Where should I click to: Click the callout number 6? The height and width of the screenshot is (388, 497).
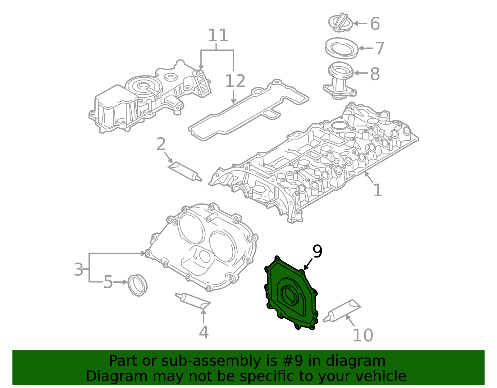(375, 24)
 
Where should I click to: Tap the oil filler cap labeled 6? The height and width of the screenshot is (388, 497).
(340, 22)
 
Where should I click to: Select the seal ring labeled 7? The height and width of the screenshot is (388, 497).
(341, 48)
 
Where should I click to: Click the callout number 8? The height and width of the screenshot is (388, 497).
(375, 74)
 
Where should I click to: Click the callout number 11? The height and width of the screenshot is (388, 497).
(218, 36)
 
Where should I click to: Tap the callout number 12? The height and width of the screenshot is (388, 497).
(235, 81)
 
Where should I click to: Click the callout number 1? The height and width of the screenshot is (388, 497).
(377, 190)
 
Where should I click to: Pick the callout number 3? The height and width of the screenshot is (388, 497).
(79, 269)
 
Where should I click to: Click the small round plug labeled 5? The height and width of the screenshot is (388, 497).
(138, 285)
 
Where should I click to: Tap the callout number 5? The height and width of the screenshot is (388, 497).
(108, 282)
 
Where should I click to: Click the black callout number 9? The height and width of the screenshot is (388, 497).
(317, 251)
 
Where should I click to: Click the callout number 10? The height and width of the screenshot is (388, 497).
(362, 336)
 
